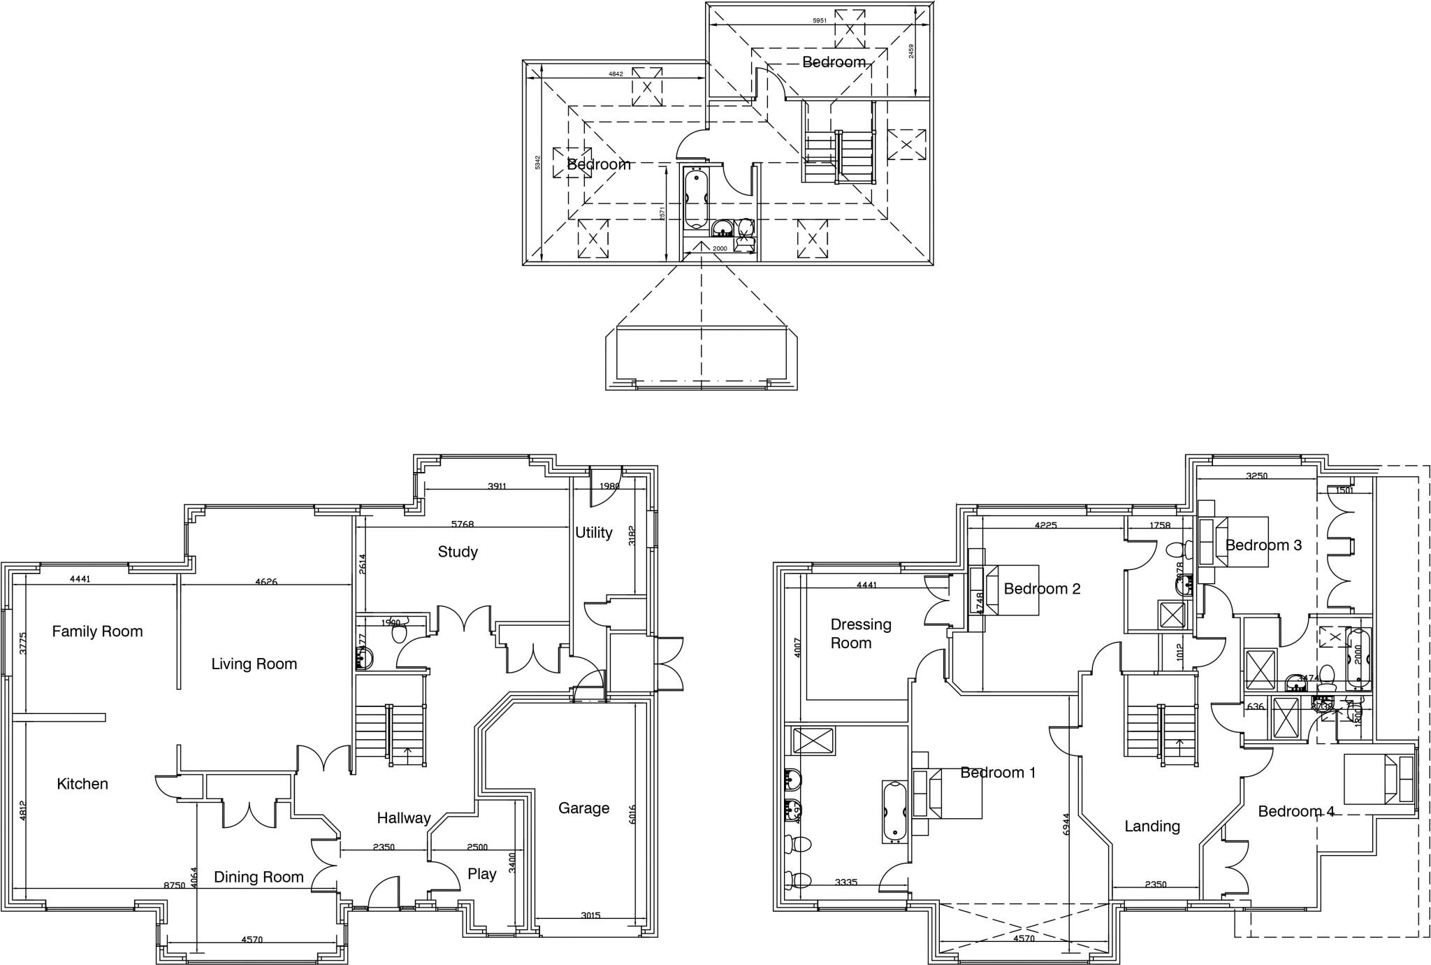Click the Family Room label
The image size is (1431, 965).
pos(97,632)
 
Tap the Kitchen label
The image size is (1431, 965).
pos(82,784)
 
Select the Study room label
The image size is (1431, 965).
pos(458,552)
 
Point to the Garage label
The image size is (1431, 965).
pos(583,808)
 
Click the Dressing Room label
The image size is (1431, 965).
pos(860,634)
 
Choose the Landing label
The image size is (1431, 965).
pos(1152,827)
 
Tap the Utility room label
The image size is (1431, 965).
pos(593,533)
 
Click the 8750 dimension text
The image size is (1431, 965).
pos(174,885)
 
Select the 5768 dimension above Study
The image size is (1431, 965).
pos(467,524)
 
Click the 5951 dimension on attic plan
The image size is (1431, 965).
pos(819,20)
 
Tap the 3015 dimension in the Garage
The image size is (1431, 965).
pos(590,915)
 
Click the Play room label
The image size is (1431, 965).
pos(481,874)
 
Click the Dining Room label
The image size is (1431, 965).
pos(259,877)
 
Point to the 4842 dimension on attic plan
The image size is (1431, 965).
pos(616,73)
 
